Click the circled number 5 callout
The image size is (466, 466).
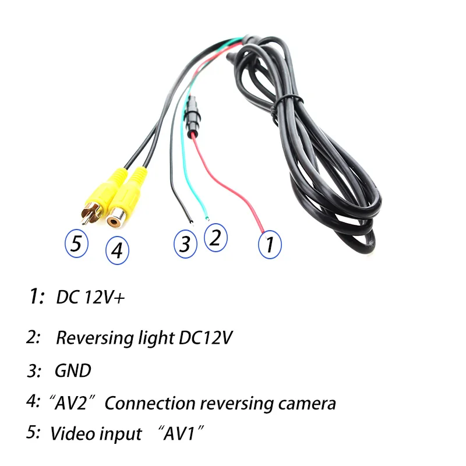pyautogui.click(x=76, y=243)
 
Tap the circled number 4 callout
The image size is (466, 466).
pyautogui.click(x=118, y=250)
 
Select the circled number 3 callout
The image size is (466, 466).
pyautogui.click(x=185, y=244)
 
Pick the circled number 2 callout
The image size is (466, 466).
pyautogui.click(x=216, y=238)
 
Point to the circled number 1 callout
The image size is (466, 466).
pyautogui.click(x=270, y=244)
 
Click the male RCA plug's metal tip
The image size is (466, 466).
pyautogui.click(x=84, y=221)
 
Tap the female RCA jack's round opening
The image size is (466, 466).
pyautogui.click(x=113, y=222)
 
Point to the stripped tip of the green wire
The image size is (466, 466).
pyautogui.click(x=207, y=218)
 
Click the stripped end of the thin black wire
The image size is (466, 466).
pyautogui.click(x=192, y=223)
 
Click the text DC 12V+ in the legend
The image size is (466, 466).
pyautogui.click(x=90, y=297)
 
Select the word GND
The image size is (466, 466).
pyautogui.click(x=73, y=370)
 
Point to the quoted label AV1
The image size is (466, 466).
pyautogui.click(x=181, y=433)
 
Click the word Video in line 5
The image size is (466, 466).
pyautogui.click(x=72, y=433)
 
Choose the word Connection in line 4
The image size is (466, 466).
pyautogui.click(x=150, y=404)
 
